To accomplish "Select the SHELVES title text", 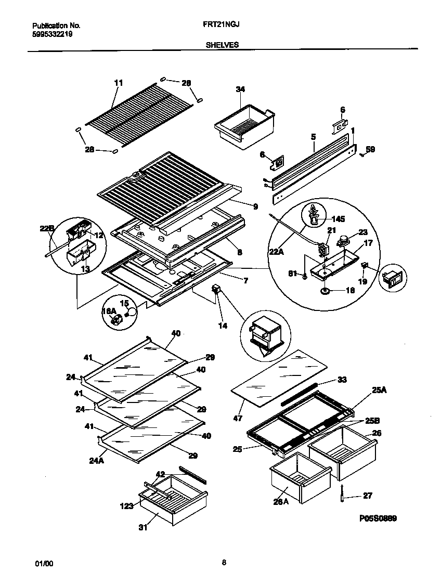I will pyautogui.click(x=222, y=45).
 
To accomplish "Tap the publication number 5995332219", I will pyautogui.click(x=52, y=34).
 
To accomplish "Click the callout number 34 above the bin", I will pyautogui.click(x=240, y=89).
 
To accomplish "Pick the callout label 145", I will pyautogui.click(x=339, y=219).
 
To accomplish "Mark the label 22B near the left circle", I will pyautogui.click(x=47, y=228).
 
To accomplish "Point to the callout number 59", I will pyautogui.click(x=370, y=149).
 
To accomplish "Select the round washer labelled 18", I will pyautogui.click(x=326, y=291).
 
